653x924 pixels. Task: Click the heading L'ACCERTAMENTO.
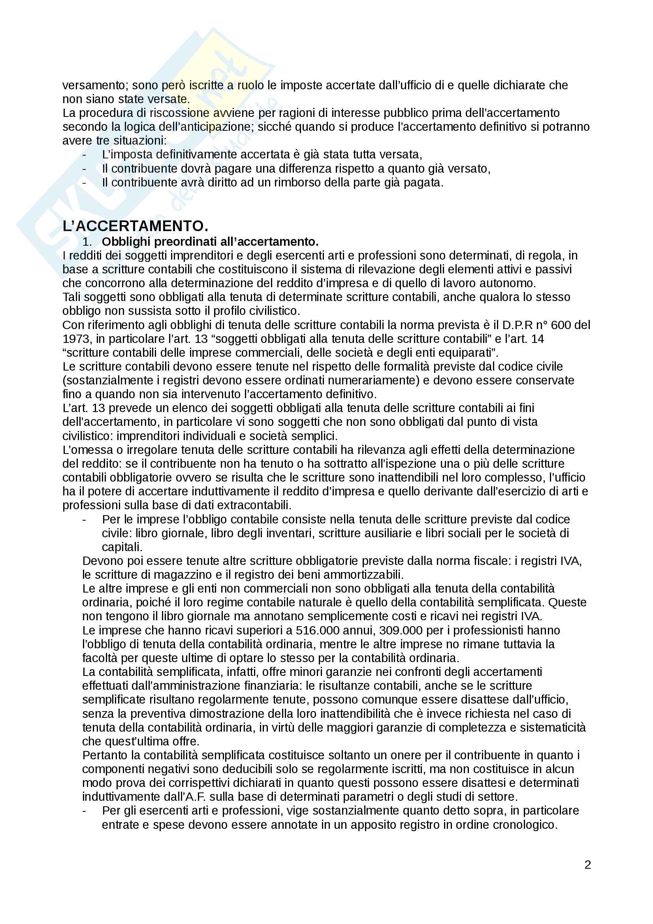(135, 226)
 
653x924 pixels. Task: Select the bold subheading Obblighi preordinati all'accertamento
(210, 241)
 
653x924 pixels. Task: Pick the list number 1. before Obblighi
(87, 242)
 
